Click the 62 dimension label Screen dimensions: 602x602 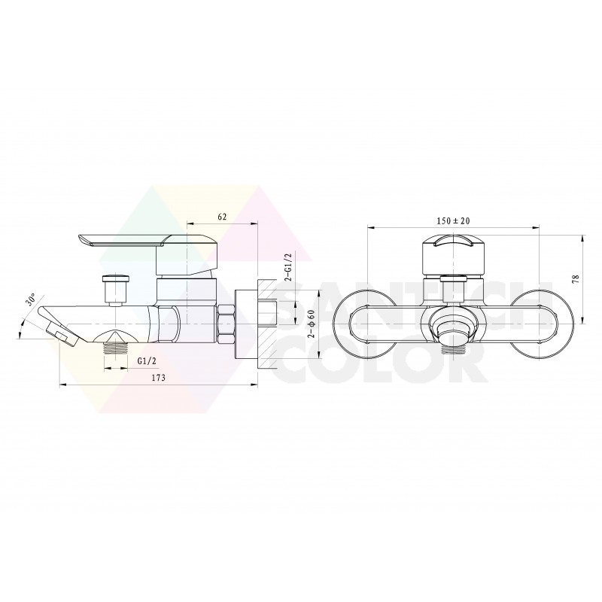pos(222,217)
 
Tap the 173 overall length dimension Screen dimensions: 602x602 pos(158,378)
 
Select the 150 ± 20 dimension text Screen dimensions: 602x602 pos(453,220)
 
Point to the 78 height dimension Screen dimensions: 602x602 pos(575,279)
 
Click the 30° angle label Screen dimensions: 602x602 pos(31,299)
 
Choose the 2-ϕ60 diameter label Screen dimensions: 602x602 pos(312,324)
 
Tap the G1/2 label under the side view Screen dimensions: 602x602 pos(147,361)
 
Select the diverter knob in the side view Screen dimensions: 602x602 pos(115,290)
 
